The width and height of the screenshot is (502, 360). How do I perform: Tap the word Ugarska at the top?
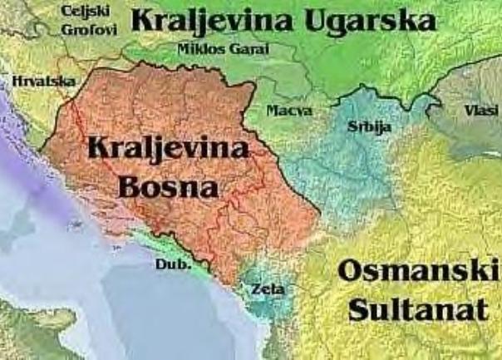(369, 20)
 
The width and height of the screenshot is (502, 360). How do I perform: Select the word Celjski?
(85, 12)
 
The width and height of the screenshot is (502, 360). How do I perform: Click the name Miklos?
(200, 49)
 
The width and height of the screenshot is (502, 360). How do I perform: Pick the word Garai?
(250, 49)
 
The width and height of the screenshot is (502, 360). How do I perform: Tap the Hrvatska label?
(43, 81)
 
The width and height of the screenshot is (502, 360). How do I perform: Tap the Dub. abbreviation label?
(173, 264)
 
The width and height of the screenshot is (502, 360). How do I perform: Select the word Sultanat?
(417, 309)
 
